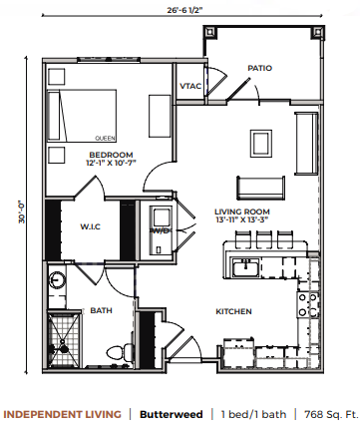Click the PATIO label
(x=259, y=68)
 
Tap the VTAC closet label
(x=190, y=86)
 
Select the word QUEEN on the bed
(x=105, y=139)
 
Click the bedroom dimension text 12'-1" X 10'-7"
(x=111, y=163)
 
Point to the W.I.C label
(x=91, y=226)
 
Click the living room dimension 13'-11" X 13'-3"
(x=241, y=219)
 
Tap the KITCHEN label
(x=233, y=311)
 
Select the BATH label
(x=101, y=310)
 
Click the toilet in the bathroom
(x=120, y=352)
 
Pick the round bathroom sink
(x=57, y=279)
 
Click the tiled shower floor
(x=64, y=339)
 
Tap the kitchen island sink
(x=245, y=267)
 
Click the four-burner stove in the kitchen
(x=308, y=305)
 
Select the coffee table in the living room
(x=261, y=144)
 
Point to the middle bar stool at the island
(x=262, y=239)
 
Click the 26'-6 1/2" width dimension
(x=184, y=9)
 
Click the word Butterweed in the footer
(x=171, y=415)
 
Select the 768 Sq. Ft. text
(x=331, y=415)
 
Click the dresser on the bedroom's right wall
(x=160, y=116)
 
